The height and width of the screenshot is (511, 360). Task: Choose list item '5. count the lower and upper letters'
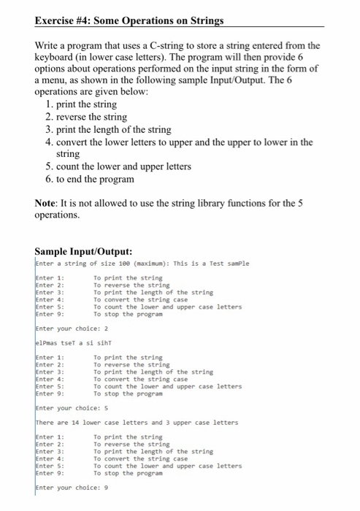[x=117, y=166]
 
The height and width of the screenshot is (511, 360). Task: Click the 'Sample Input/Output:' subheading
[x=85, y=253]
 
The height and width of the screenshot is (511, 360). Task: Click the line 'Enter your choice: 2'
[x=71, y=328]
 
